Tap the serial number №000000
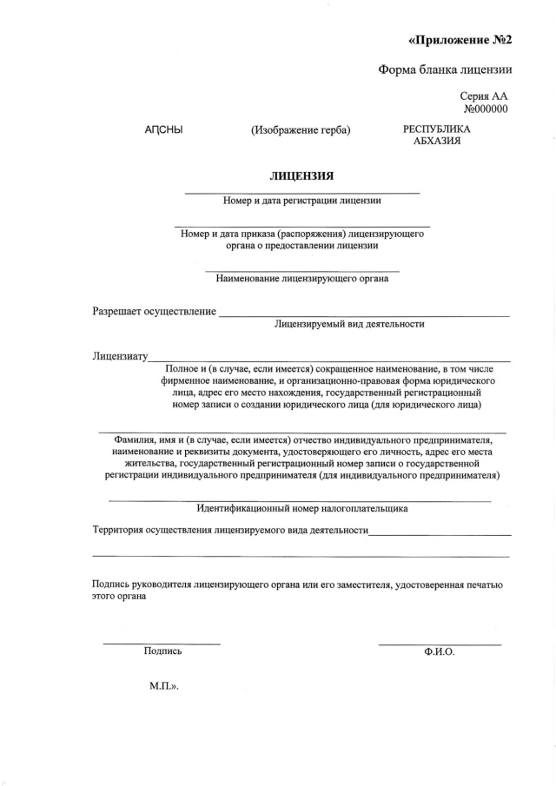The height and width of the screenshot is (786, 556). (486, 109)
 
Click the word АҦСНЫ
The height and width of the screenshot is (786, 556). (163, 130)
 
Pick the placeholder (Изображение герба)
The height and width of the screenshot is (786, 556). (301, 130)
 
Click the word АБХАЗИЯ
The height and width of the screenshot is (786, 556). (437, 142)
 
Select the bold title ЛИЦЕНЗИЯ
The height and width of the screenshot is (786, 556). (301, 175)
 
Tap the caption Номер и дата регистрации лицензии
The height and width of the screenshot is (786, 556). (301, 201)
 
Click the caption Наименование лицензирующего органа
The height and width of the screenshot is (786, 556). (301, 279)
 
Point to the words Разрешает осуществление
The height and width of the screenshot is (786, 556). (155, 311)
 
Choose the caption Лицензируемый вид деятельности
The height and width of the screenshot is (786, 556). (349, 324)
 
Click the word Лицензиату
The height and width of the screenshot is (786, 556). (120, 356)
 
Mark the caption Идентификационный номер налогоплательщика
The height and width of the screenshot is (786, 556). (302, 509)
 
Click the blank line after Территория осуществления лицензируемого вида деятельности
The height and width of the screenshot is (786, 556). (440, 534)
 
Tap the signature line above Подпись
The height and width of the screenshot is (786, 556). (162, 644)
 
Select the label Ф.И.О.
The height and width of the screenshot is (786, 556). (440, 651)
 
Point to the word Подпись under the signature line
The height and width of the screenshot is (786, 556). (162, 651)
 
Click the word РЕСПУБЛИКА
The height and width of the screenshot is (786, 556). (437, 129)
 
